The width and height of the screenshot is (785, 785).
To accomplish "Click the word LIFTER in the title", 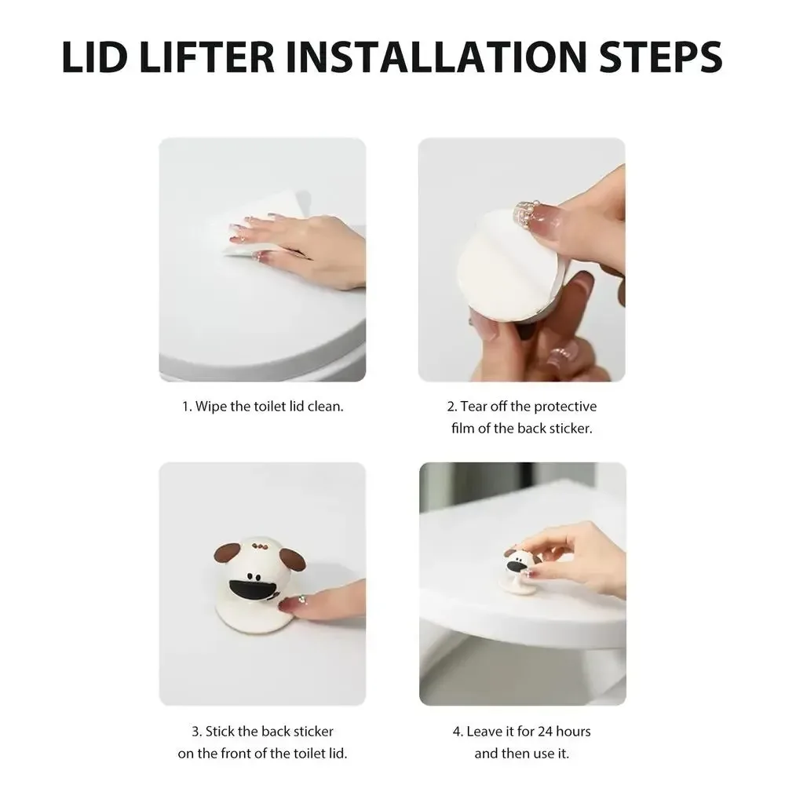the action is click(206, 57).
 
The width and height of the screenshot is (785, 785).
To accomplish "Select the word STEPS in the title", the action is click(661, 57).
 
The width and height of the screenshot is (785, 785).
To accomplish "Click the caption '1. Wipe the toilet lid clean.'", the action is click(262, 406).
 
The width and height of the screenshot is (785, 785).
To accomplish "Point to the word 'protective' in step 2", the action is click(565, 407).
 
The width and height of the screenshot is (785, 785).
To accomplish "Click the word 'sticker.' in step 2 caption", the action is click(571, 428).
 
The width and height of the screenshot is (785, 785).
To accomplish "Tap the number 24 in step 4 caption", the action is click(544, 732).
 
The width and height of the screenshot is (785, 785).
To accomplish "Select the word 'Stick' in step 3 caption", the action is click(219, 732).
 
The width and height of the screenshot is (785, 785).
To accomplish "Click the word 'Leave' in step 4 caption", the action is click(483, 732).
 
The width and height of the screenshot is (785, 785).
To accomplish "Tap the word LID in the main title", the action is click(94, 57).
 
